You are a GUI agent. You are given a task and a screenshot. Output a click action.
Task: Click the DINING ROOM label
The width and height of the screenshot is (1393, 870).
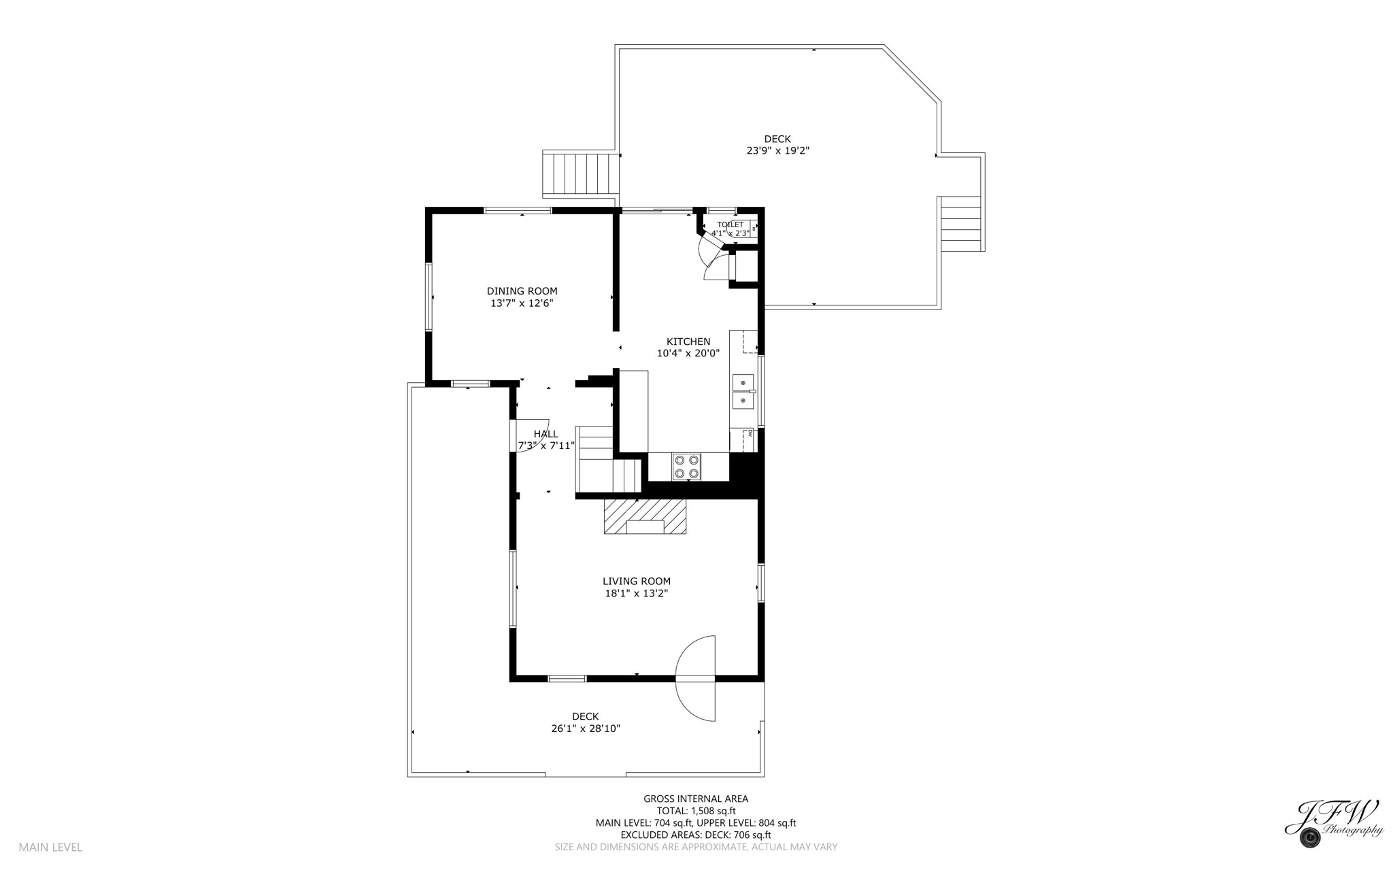[522, 291]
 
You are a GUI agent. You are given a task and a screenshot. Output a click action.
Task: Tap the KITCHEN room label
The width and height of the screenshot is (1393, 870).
[688, 341]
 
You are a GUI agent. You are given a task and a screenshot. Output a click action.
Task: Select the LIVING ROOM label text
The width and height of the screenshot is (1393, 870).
[636, 581]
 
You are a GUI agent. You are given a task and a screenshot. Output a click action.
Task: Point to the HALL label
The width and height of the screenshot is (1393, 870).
[546, 434]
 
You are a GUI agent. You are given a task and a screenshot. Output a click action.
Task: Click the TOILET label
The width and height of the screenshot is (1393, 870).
[730, 224]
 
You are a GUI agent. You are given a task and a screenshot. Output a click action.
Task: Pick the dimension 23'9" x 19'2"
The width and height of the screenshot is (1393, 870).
[777, 151]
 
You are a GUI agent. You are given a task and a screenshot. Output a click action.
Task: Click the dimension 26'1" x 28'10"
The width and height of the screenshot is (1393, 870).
[585, 729]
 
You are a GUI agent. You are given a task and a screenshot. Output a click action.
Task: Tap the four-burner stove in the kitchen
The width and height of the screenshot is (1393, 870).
[686, 467]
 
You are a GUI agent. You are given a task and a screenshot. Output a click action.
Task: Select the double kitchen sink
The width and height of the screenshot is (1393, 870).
[743, 392]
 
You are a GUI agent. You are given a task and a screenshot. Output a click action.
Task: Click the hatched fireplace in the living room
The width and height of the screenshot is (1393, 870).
[645, 516]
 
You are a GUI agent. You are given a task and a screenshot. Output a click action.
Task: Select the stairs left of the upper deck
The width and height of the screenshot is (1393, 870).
[580, 174]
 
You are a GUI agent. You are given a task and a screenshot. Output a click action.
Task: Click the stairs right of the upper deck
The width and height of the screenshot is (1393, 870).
[960, 224]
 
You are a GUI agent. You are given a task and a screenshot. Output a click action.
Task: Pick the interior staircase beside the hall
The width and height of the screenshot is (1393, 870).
[607, 459]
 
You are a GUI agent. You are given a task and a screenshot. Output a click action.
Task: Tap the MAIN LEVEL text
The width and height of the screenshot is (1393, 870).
[50, 847]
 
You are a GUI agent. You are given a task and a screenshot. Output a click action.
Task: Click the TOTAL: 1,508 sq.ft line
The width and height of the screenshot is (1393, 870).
[695, 811]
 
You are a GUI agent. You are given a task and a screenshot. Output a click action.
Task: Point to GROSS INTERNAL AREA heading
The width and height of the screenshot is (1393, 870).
[695, 799]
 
